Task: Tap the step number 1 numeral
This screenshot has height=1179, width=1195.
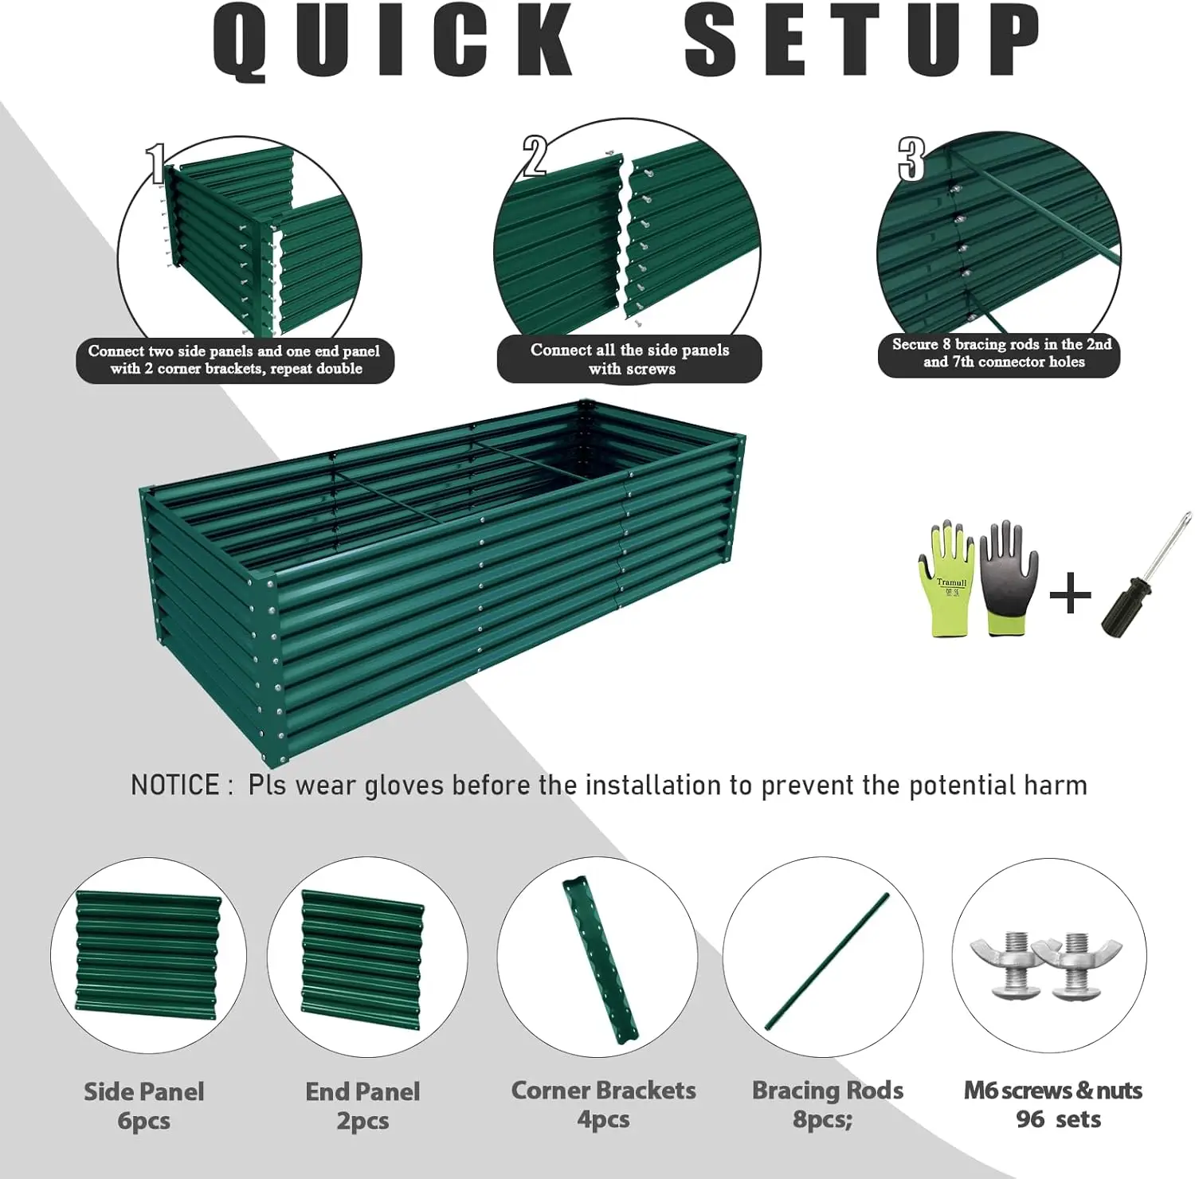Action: point(157,164)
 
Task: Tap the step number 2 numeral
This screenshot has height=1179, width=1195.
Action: point(535,155)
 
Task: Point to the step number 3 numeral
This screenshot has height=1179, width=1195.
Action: point(911,159)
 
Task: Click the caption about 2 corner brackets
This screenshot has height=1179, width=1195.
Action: point(235,360)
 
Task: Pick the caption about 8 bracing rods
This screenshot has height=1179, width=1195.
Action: point(1001,353)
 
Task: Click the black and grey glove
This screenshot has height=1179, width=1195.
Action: point(1009,578)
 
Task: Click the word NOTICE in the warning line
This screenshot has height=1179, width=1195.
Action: point(174,785)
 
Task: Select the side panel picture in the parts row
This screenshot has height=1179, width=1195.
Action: point(148,955)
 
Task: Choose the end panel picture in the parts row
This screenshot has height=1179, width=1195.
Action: point(362,955)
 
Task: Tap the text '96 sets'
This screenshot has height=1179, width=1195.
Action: point(1057,1119)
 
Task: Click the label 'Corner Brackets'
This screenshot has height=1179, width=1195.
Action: point(603,1091)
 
